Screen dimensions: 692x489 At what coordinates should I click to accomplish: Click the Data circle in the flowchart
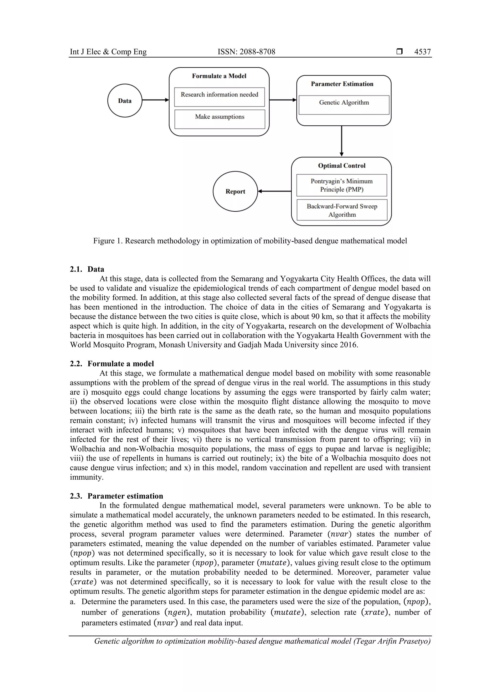click(125, 101)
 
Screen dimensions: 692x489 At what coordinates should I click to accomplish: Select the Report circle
click(235, 191)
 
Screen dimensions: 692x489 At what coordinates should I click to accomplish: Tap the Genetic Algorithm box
click(344, 105)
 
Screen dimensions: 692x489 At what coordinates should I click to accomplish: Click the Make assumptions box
click(220, 119)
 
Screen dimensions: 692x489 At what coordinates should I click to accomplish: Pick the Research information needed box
click(219, 97)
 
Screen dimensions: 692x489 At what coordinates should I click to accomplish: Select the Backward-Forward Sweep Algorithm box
click(342, 210)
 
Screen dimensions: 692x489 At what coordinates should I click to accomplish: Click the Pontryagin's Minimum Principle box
click(342, 185)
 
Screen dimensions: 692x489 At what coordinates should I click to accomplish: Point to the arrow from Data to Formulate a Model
click(155, 100)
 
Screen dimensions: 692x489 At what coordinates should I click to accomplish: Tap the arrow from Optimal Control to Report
click(275, 191)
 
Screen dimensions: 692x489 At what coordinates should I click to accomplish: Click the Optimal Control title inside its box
click(342, 166)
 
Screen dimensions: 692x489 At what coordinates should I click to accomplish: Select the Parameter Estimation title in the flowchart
click(342, 84)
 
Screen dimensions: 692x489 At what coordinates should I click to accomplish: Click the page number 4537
click(422, 52)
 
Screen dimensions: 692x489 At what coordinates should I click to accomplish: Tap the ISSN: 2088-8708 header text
click(246, 52)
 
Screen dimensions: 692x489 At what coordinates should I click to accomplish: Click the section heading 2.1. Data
click(87, 269)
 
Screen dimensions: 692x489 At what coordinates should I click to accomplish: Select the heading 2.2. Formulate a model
click(112, 364)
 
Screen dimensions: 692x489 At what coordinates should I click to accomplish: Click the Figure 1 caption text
click(250, 241)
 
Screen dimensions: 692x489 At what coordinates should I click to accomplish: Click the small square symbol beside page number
click(399, 52)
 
